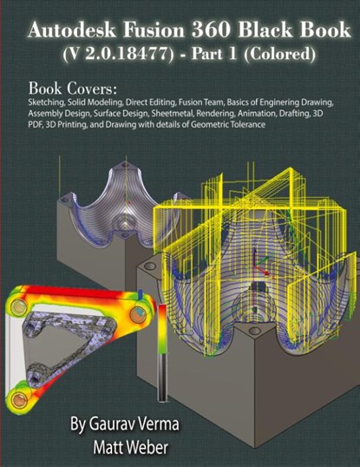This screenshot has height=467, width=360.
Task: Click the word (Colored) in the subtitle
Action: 279,55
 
